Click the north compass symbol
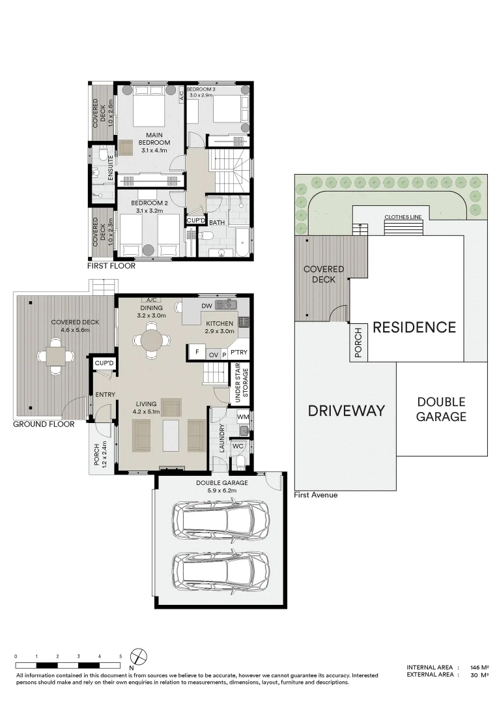point(139,657)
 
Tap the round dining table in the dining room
point(152,341)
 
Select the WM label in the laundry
point(243,417)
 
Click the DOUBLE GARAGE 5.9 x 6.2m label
point(221,487)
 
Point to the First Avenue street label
point(316,495)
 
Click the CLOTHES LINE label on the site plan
point(403,217)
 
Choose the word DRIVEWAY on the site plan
point(347,411)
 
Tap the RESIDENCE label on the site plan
point(414,327)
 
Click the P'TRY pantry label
point(238,353)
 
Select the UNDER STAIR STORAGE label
point(241,383)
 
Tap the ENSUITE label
point(110,168)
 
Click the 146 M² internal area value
point(479,667)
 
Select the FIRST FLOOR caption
point(111,266)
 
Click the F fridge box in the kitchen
point(197,353)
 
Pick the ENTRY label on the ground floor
point(106,394)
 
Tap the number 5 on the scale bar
point(121,656)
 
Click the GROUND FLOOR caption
point(44,424)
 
